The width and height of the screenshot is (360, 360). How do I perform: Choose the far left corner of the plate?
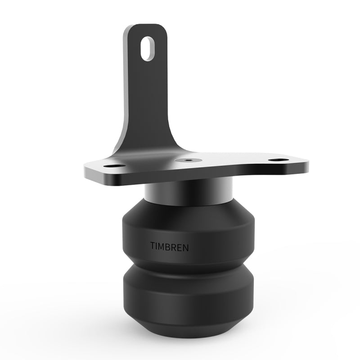coord(86,171)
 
